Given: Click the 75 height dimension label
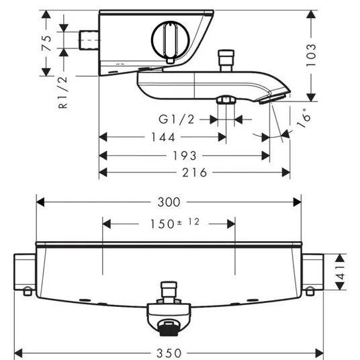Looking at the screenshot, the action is [x=46, y=43].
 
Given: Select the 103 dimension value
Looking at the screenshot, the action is [x=311, y=55].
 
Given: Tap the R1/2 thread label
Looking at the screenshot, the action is [x=63, y=92].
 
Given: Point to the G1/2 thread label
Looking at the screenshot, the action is [x=177, y=120].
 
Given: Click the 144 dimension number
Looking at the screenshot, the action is [x=163, y=137].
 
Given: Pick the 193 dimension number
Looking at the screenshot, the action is [x=185, y=156].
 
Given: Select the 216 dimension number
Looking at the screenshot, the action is [x=195, y=173].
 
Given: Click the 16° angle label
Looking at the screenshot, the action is [x=304, y=118].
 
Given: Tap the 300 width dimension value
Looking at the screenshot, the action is [x=169, y=203].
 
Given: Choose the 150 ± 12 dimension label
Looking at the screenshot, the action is [x=175, y=224].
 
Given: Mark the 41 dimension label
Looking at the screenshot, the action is [x=341, y=272].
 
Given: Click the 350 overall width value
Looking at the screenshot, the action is [x=169, y=353].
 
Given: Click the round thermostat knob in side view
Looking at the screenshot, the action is [x=171, y=40].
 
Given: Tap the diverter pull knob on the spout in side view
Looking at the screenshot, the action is [x=226, y=60].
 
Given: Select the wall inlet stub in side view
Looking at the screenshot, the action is [x=89, y=40].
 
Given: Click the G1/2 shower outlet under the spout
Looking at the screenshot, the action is [x=226, y=99].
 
